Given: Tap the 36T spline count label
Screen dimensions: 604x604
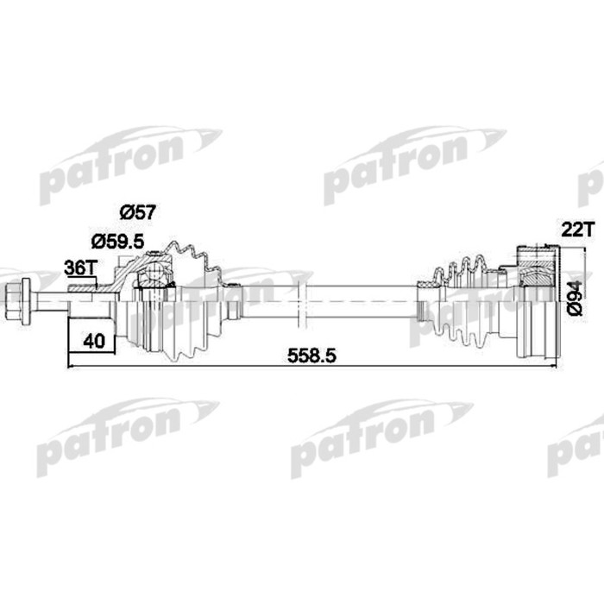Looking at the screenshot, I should click(79, 268).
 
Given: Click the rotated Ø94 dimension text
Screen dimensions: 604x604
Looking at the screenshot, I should click(577, 299).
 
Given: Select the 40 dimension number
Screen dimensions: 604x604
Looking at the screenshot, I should click(94, 341).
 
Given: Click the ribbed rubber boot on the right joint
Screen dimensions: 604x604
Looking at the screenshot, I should click(462, 302).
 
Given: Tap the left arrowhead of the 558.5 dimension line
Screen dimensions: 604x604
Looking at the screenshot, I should click(71, 367).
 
